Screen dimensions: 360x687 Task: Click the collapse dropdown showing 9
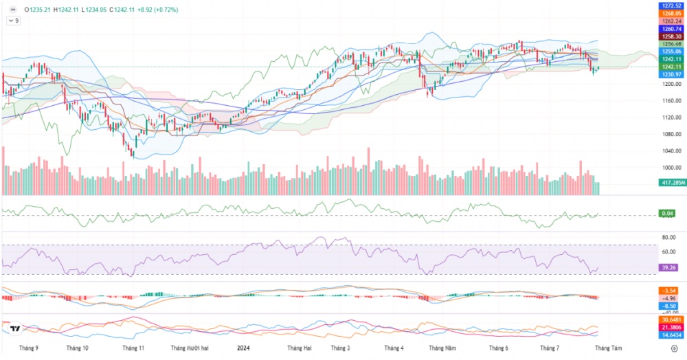point(13,21)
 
